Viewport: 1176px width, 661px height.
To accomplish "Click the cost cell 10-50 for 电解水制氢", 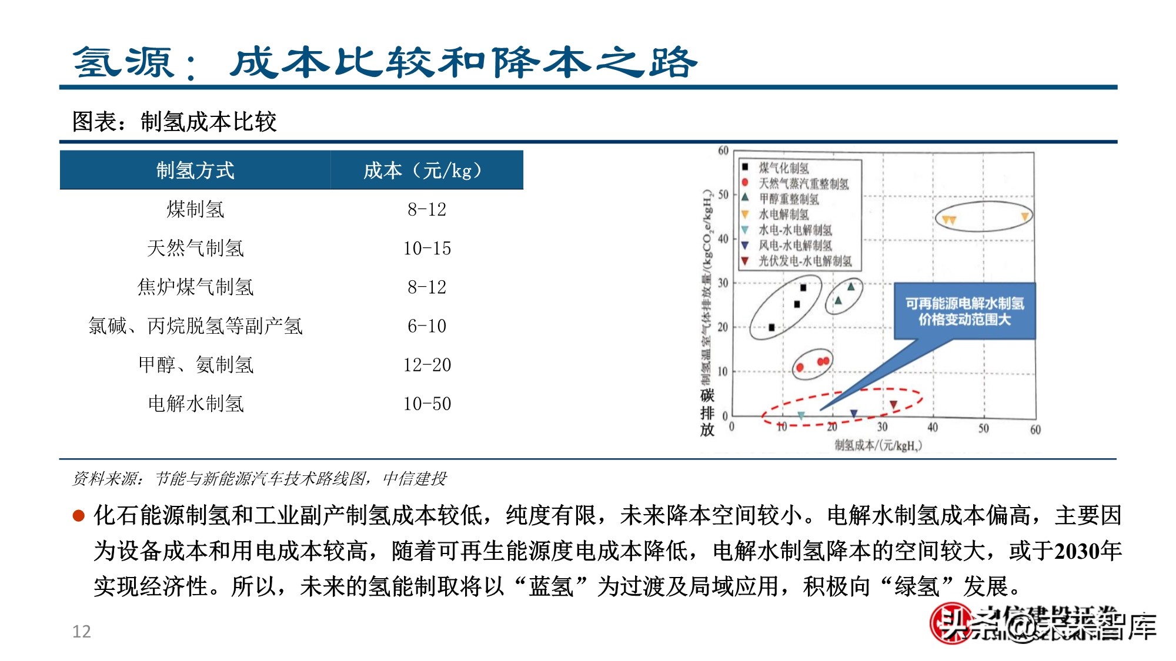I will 427,404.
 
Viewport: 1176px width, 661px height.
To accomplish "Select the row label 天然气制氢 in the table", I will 195,248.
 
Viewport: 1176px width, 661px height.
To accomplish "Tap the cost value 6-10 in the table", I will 427,326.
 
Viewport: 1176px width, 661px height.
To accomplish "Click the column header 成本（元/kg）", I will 426,170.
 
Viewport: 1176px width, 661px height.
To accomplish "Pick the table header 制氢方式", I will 195,170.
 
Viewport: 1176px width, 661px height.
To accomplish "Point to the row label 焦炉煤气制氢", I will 195,287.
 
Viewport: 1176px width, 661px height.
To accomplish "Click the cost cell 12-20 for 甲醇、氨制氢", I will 427,365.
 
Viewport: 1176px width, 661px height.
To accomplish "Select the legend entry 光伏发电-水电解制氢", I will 804,261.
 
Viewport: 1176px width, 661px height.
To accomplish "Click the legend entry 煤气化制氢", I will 783,168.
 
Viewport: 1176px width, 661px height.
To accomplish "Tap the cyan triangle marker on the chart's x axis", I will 801,415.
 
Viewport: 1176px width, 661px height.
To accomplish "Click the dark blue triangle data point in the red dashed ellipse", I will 854,414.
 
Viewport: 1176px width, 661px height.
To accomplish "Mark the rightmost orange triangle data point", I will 1025,217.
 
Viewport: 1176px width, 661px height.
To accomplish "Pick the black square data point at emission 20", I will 771,327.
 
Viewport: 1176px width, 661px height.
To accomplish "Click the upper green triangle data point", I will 850,287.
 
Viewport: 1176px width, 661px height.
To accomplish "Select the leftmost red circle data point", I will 800,368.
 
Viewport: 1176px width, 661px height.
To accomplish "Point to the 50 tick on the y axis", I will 723,194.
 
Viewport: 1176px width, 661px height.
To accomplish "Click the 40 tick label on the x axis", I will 933,428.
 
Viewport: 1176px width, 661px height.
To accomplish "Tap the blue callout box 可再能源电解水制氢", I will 964,311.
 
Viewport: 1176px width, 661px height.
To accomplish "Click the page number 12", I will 81,632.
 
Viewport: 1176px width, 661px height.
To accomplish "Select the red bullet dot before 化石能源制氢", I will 78,516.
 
